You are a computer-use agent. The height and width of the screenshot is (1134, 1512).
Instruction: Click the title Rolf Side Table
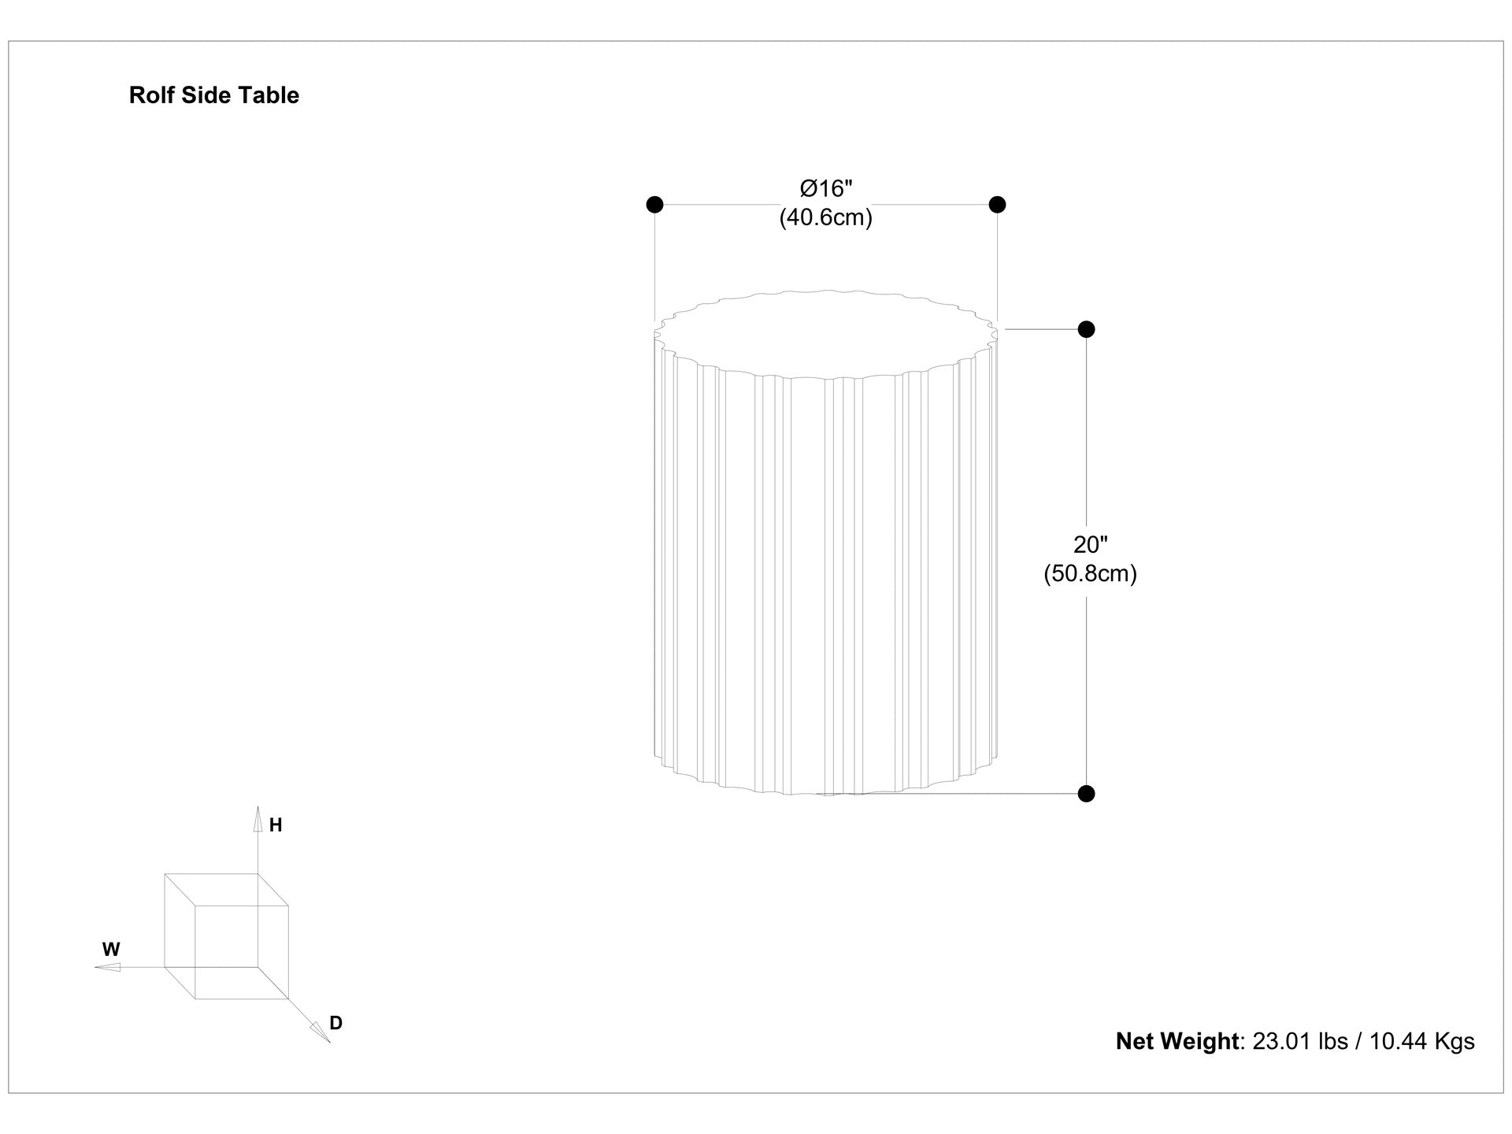(214, 95)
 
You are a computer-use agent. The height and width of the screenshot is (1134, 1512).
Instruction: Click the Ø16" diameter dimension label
(827, 189)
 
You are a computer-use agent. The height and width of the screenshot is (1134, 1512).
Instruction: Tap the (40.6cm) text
(826, 217)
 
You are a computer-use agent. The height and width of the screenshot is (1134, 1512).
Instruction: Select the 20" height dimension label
(1091, 544)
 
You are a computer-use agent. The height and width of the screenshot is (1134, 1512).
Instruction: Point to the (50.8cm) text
(1091, 573)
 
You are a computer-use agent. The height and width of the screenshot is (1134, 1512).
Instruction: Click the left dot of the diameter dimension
(654, 205)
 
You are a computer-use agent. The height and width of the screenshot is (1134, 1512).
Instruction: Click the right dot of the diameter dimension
(997, 205)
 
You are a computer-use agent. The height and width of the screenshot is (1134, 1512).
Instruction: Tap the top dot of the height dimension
(1086, 329)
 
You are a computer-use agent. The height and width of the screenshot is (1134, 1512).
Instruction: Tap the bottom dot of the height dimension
(1086, 794)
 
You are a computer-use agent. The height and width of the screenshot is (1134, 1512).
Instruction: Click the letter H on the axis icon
(276, 825)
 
